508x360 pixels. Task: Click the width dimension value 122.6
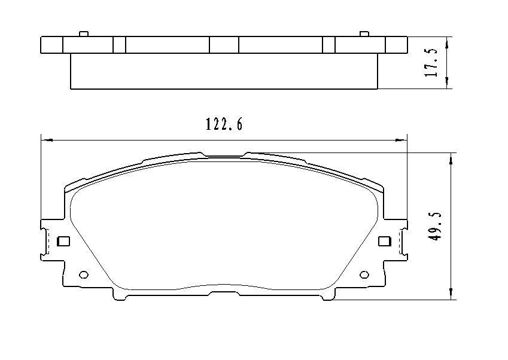[x=224, y=124]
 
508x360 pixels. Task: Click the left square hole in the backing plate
[x=63, y=242]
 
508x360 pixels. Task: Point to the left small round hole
[x=84, y=275]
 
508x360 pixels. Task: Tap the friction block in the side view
[x=224, y=72]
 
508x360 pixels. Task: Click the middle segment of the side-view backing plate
[x=224, y=45]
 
